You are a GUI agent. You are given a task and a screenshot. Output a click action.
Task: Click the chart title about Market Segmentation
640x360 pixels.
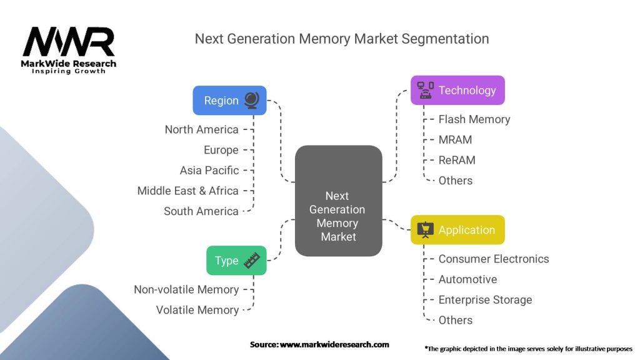[x=341, y=39]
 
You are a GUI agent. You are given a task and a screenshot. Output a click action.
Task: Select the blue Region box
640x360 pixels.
[x=229, y=101]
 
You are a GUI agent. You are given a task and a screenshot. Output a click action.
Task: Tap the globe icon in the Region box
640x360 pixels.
[x=251, y=100]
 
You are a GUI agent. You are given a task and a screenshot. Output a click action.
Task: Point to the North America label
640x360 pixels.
[x=201, y=129]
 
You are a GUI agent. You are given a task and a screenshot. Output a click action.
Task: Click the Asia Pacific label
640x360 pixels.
[x=209, y=170]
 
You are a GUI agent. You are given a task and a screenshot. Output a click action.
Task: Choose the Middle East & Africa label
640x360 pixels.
[x=187, y=191]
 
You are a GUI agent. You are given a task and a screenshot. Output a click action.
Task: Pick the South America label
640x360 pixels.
[x=201, y=211]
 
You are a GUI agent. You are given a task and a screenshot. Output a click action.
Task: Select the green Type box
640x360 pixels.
[x=236, y=261]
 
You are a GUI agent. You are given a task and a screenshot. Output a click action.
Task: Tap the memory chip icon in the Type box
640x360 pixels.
[x=251, y=260]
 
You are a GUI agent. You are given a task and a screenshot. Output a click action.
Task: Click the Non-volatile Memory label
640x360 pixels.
[x=186, y=289]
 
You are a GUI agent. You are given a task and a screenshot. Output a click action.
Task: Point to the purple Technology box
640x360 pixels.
[x=457, y=90]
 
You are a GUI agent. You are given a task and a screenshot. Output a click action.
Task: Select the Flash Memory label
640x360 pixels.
[x=474, y=119]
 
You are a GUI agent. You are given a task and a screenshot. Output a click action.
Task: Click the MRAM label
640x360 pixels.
[x=455, y=139]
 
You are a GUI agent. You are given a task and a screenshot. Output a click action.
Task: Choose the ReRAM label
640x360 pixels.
[x=456, y=160]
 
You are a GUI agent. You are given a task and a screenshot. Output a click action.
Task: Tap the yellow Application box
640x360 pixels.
[x=457, y=230]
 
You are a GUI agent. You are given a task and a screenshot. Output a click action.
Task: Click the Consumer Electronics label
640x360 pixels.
[x=493, y=259]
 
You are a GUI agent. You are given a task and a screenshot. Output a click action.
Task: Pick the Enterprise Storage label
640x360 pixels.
[x=485, y=300]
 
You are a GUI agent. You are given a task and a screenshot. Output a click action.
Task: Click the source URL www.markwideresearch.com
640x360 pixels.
[x=334, y=344]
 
